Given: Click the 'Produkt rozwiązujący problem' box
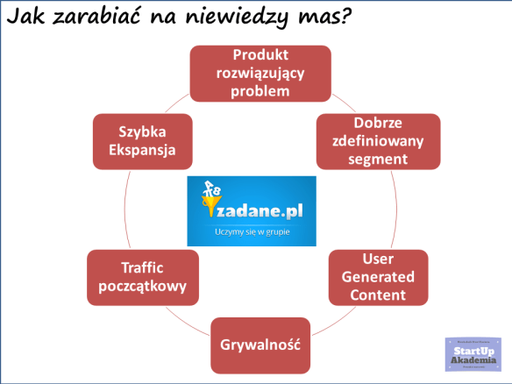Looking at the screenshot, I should tap(261, 74).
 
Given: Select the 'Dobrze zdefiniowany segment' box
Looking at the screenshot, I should tap(373, 140).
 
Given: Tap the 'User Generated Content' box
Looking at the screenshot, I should tap(377, 277).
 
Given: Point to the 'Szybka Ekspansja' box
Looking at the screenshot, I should tap(142, 140).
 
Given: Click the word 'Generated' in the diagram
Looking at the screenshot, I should tap(377, 277).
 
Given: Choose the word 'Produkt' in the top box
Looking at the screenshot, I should tap(261, 55).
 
